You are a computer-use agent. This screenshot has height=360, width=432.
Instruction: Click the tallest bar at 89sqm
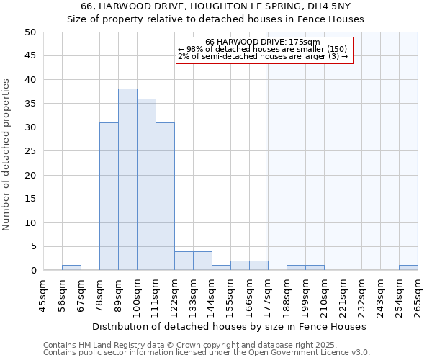[127, 179]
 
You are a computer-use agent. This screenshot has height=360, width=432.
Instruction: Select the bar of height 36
[146, 184]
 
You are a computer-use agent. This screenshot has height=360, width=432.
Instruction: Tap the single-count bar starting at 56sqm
[71, 268]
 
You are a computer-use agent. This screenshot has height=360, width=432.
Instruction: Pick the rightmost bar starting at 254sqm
[408, 268]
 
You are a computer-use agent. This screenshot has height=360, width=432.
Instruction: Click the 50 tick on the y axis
[30, 32]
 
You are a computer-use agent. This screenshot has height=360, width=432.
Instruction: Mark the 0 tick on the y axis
[32, 270]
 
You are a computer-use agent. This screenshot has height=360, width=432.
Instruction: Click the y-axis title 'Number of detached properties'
[7, 156]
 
